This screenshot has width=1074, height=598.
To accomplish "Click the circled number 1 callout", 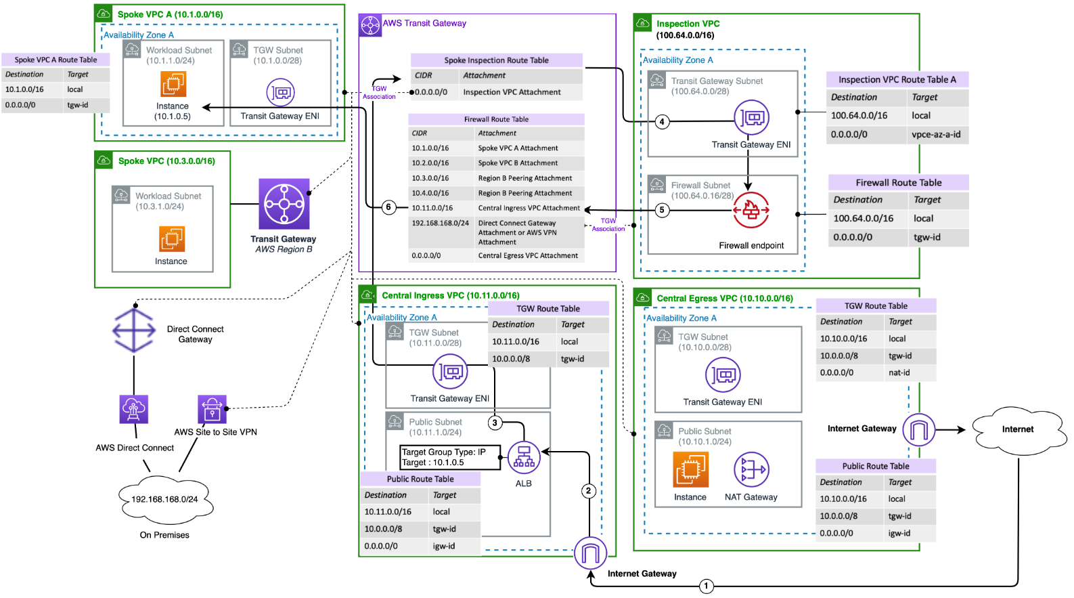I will pos(706,586).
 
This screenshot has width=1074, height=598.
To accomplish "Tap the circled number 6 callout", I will pos(388,207).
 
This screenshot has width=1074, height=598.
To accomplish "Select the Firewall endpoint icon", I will pos(751,210).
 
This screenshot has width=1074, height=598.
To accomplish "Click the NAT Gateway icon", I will pos(751,469).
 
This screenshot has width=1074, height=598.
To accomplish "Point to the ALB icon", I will pos(524,458).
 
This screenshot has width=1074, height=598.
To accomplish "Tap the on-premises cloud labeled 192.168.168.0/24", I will pos(164,500).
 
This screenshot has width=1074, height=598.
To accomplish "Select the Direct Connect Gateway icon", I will pos(134,330).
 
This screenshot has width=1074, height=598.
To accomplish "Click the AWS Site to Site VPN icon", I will pos(212,409).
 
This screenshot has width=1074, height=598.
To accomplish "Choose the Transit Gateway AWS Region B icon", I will pos(284,204).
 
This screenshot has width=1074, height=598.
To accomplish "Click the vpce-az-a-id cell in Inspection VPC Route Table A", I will pos(936,134).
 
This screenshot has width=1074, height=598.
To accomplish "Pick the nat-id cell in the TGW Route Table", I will pos(899,372).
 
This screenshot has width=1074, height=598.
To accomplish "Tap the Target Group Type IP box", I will pos(450,457).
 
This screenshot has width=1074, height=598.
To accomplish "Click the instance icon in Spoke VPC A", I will pos(173,85).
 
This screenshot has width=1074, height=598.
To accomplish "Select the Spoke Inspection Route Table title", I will pos(496,60).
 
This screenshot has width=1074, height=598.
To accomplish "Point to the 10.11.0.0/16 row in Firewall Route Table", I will pos(496,208).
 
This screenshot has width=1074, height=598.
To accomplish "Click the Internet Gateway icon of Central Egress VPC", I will pos(918,429).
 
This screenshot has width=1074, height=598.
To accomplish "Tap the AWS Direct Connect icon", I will pos(134,409).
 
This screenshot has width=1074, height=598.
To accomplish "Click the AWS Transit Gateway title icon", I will pos(370,26).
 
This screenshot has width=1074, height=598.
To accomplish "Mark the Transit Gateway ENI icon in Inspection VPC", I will pos(751,119).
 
